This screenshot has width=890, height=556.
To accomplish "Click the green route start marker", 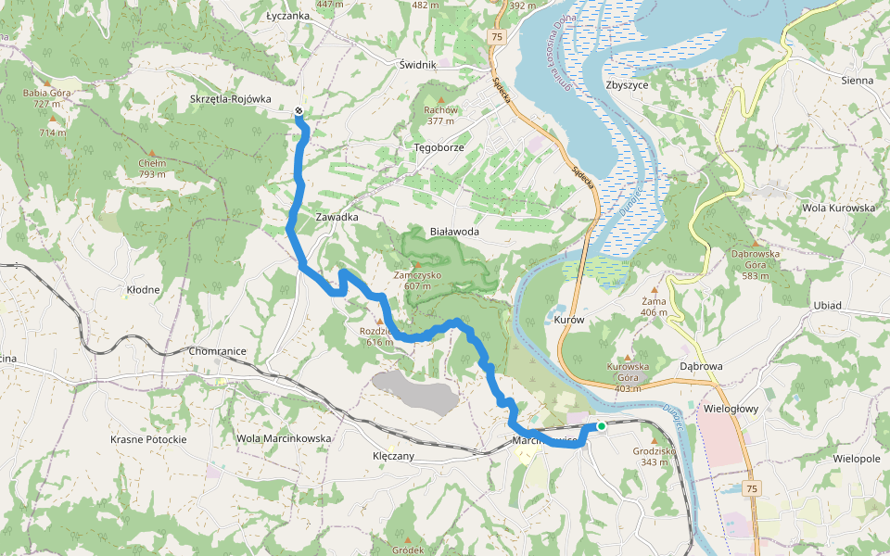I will pos(602,426).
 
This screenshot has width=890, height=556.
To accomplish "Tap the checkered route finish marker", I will pos(299,112).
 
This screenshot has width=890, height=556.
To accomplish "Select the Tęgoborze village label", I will pos(439,147).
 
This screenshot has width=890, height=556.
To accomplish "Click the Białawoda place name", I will pos(454,232).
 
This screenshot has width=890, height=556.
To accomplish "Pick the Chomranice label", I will pos(216,352).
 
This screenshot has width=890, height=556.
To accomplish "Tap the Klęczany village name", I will pos(393,456).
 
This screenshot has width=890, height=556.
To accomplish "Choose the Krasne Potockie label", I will pos(148,438).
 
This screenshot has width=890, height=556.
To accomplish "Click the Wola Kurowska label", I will pos(839,208).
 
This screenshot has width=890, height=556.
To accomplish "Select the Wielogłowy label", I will pos(732,382).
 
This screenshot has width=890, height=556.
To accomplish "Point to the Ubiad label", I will pos(827,306).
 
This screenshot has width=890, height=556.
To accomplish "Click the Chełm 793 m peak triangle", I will pos(152,152).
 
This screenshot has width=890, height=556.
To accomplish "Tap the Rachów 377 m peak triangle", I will pos(440,100).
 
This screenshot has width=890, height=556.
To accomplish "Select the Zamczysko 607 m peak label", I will pos(417,281).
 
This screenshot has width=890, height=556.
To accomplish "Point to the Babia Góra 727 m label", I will pos(48,98).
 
